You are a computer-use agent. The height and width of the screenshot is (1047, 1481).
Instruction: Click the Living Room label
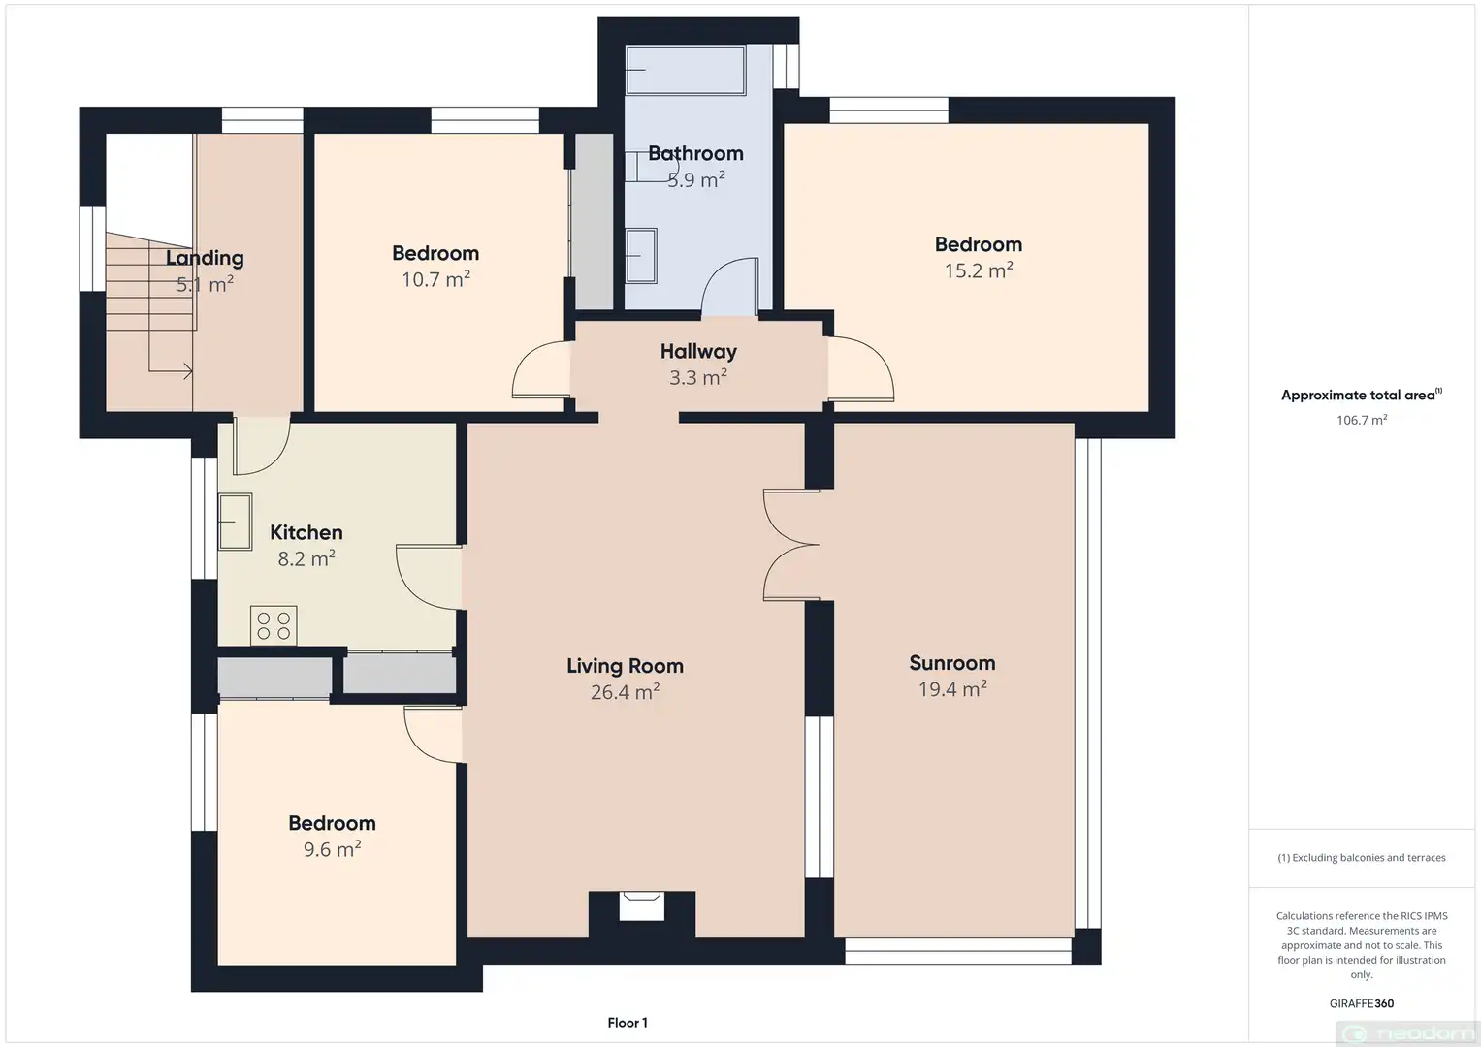click(625, 666)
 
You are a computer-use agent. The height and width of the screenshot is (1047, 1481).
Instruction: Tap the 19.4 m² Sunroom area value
click(952, 689)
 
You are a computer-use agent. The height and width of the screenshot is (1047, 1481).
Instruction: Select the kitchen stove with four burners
click(274, 625)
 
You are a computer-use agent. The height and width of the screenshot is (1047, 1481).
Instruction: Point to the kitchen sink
click(236, 522)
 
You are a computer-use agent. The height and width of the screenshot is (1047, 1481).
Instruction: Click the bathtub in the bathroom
click(686, 70)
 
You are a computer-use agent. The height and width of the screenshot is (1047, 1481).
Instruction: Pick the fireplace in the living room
click(641, 905)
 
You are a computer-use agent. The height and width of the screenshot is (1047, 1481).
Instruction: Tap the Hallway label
click(698, 352)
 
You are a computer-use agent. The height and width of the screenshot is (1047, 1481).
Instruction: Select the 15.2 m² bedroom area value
click(979, 271)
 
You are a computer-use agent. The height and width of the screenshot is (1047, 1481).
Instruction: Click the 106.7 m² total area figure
click(1362, 420)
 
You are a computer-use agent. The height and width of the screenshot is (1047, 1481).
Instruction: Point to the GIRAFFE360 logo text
click(1362, 1003)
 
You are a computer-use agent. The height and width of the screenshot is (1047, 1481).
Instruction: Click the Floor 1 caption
click(628, 1023)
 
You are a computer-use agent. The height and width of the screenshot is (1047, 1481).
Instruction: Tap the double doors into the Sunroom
click(791, 545)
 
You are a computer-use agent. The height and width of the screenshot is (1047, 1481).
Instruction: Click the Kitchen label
click(306, 532)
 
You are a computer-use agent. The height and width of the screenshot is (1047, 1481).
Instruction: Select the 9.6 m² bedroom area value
click(332, 849)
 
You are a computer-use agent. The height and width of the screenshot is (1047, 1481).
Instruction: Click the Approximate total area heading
click(1362, 395)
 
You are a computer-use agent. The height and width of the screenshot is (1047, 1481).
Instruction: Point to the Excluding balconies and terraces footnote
click(1362, 858)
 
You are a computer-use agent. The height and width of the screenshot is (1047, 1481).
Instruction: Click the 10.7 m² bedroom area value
click(435, 279)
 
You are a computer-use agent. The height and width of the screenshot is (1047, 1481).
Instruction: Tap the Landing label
click(205, 258)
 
